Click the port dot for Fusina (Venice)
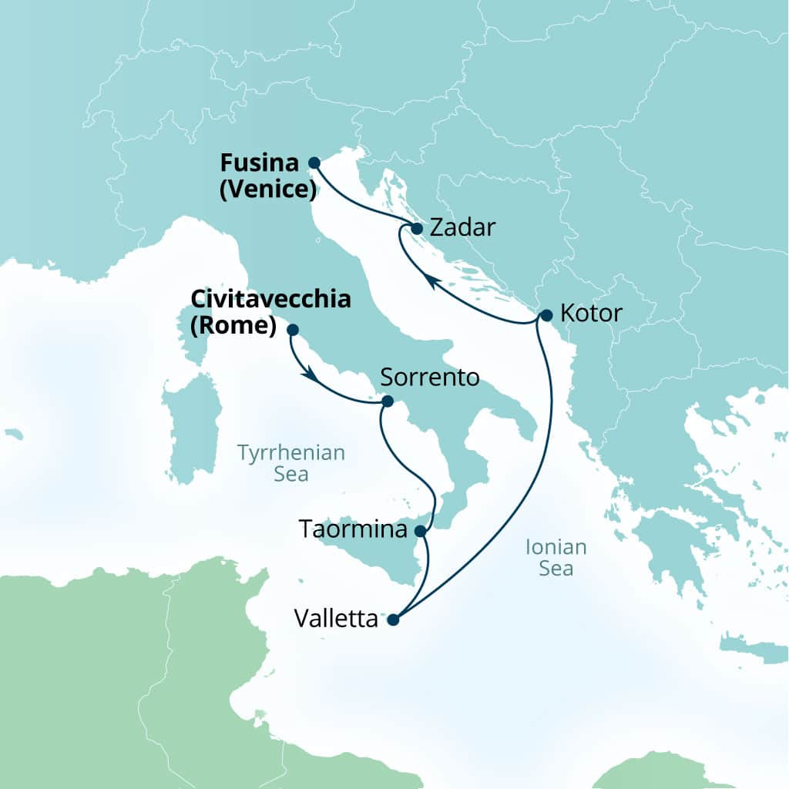pos(314,163)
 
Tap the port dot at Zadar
pos(417,229)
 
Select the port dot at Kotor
pos(546,315)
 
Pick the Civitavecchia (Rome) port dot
pos(292,330)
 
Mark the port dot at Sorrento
pos(387,401)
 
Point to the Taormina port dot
pos(420,531)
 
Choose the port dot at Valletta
pos(393,619)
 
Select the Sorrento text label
pos(431,378)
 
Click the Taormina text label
pos(352,530)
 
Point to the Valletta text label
pos(336,619)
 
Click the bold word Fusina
pos(259,163)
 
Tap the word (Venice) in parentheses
pos(264,189)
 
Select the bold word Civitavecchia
pos(270,300)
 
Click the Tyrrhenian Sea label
pos(291,463)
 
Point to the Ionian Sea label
pos(556,558)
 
